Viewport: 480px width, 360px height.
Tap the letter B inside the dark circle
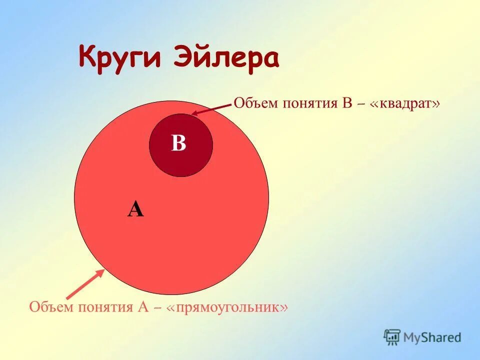click(x=178, y=144)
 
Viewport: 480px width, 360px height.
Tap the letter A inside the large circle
click(x=135, y=209)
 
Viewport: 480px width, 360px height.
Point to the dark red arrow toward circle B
click(x=212, y=109)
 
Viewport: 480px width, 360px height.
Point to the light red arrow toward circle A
click(x=85, y=284)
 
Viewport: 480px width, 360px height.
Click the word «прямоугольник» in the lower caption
click(x=231, y=306)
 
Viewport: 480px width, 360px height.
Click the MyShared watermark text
click(x=432, y=337)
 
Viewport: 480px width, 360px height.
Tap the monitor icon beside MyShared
click(x=392, y=336)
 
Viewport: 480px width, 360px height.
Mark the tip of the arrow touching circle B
click(x=192, y=114)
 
